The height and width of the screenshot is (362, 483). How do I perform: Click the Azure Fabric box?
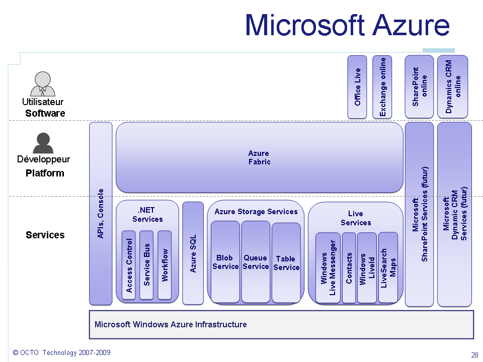coord(259,157)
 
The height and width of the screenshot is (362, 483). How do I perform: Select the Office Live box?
coord(357,87)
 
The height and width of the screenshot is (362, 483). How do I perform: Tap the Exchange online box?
coord(382,87)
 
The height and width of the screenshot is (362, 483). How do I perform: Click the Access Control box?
coord(129,265)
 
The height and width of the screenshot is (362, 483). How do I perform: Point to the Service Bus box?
coord(146,265)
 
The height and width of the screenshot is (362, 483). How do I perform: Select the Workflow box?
coord(165,265)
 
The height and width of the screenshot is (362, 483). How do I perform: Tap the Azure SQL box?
coord(193,253)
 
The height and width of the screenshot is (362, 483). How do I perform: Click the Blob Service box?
coord(225,262)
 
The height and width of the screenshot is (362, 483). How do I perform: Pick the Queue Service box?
coord(256,262)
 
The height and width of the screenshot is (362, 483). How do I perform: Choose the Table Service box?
coord(286,263)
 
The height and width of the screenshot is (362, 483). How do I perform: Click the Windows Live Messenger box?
coord(328,268)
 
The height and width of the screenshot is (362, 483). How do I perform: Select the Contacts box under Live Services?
coord(349,268)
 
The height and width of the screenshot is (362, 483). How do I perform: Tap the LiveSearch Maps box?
coord(388,268)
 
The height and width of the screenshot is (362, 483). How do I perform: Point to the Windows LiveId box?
coord(367,268)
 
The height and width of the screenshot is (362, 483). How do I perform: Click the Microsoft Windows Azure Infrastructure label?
coord(171,324)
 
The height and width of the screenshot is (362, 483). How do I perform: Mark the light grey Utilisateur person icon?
coord(43,84)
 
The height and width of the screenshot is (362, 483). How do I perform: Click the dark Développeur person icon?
coord(43,143)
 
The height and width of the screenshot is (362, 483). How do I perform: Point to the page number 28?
coord(474,355)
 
